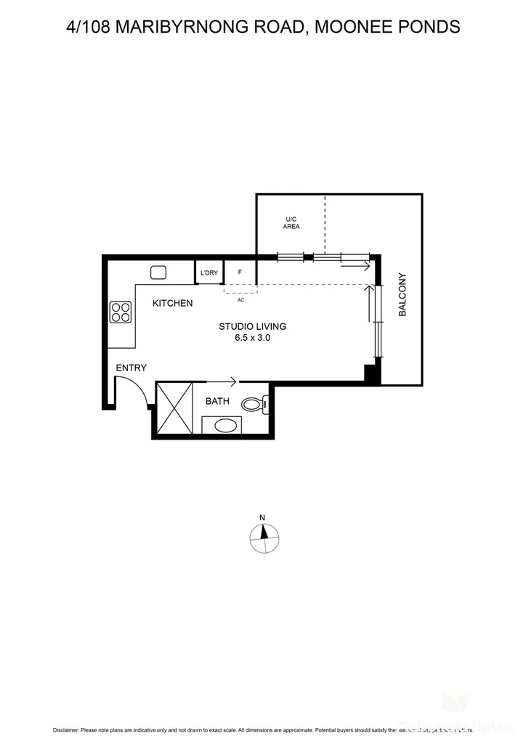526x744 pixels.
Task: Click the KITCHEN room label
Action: click(x=172, y=303)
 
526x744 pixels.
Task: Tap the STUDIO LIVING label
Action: click(x=252, y=326)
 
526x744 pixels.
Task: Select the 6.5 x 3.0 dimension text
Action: click(x=252, y=338)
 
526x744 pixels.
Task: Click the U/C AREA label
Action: click(x=291, y=222)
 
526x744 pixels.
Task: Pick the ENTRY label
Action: click(x=131, y=368)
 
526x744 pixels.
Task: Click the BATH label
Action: click(x=217, y=401)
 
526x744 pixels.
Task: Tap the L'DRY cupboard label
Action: click(x=209, y=273)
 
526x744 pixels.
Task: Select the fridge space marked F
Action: click(x=240, y=273)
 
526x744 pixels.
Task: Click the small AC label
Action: click(x=240, y=299)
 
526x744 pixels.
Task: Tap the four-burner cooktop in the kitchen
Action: click(x=121, y=312)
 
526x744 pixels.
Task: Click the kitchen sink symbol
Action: click(x=159, y=272)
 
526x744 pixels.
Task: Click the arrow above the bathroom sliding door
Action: click(x=222, y=381)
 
